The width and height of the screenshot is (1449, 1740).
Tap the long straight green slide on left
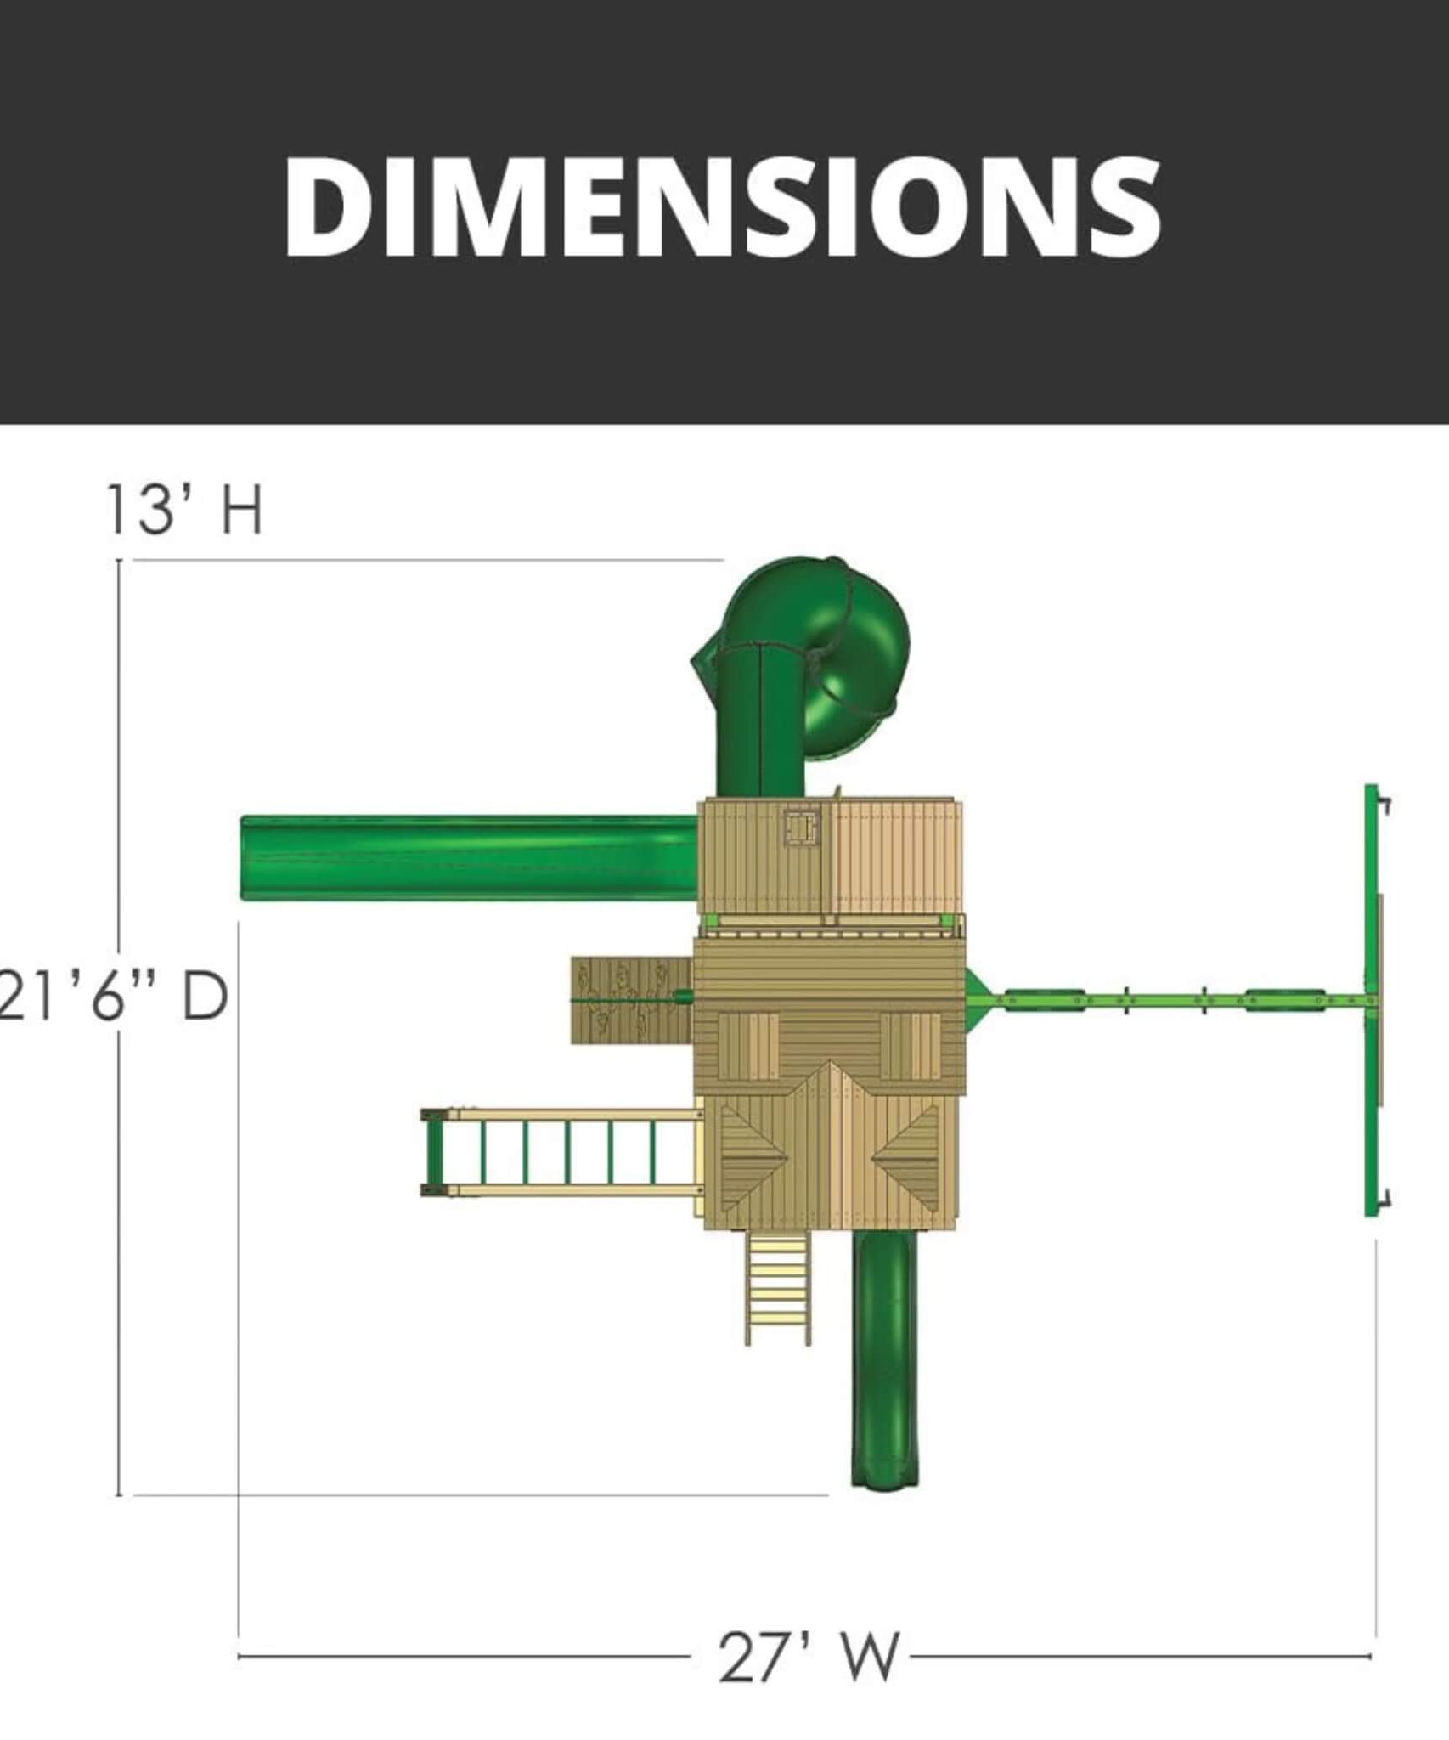click(x=470, y=857)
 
